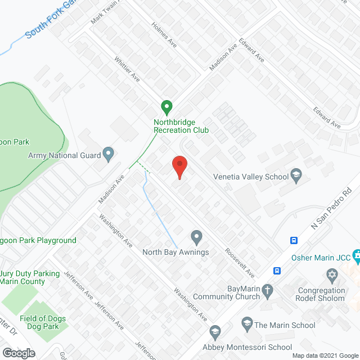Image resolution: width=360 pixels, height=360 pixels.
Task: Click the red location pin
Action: click(x=179, y=167)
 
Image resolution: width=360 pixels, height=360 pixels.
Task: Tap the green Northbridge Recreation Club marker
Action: click(x=166, y=106)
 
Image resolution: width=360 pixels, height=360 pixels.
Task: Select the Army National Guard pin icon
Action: click(x=109, y=154)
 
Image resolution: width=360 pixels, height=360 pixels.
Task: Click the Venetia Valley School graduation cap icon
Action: click(x=295, y=175)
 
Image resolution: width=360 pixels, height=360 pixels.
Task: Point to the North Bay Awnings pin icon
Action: click(x=196, y=236)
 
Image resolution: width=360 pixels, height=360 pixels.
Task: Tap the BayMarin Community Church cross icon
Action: click(x=268, y=291)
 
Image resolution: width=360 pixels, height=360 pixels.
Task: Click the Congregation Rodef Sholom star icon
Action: click(x=332, y=275)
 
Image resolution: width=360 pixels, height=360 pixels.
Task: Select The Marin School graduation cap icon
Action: click(x=246, y=323)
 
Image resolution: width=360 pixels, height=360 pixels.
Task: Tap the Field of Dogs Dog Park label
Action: click(x=43, y=322)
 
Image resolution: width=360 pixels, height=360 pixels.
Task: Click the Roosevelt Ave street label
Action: click(x=240, y=263)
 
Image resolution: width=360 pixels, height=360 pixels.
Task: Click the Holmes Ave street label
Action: click(x=165, y=35)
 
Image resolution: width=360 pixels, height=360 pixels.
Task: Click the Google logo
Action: click(x=19, y=353)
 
